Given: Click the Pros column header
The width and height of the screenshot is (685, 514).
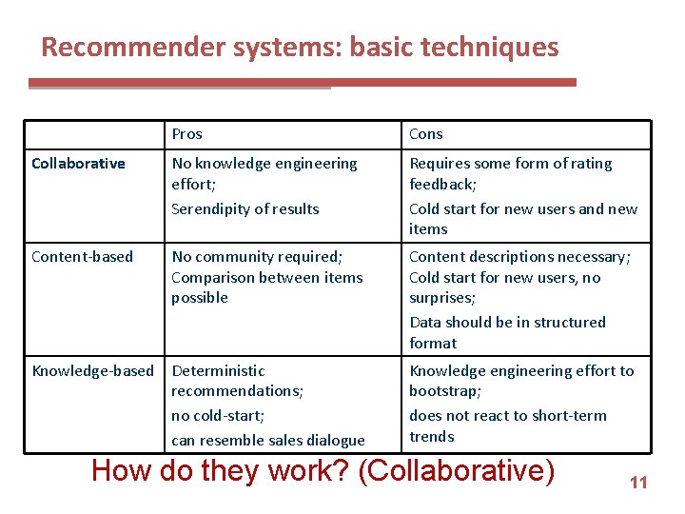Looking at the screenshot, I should point(186,134).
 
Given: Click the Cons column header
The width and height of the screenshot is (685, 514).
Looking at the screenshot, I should point(426,134).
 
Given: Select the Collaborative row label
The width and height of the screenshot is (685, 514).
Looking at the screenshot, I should point(78,164).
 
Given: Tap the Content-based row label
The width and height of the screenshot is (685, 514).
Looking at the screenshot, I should point(82,257).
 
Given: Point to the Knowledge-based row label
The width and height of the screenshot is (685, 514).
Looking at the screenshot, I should point(92,370).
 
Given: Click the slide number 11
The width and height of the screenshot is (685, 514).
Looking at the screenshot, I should point(637,483).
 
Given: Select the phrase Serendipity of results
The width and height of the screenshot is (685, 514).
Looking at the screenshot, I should point(245,209).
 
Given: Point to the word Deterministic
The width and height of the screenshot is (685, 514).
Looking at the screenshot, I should point(218,370).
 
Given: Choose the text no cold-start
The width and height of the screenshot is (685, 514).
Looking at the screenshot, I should point(218,416).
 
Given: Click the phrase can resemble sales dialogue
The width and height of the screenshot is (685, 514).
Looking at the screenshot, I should point(267,440).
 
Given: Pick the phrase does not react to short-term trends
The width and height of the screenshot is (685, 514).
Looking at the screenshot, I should point(507,425).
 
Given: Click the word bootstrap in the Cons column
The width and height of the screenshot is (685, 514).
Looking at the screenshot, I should point(444,391).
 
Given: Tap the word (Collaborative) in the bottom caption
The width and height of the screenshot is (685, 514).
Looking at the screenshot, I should point(457,470).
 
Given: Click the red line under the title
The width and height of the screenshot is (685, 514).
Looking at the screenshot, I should point(381,83).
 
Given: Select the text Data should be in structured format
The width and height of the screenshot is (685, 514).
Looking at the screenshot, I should point(507,332).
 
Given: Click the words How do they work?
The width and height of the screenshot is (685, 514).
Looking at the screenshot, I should point(221,470).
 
